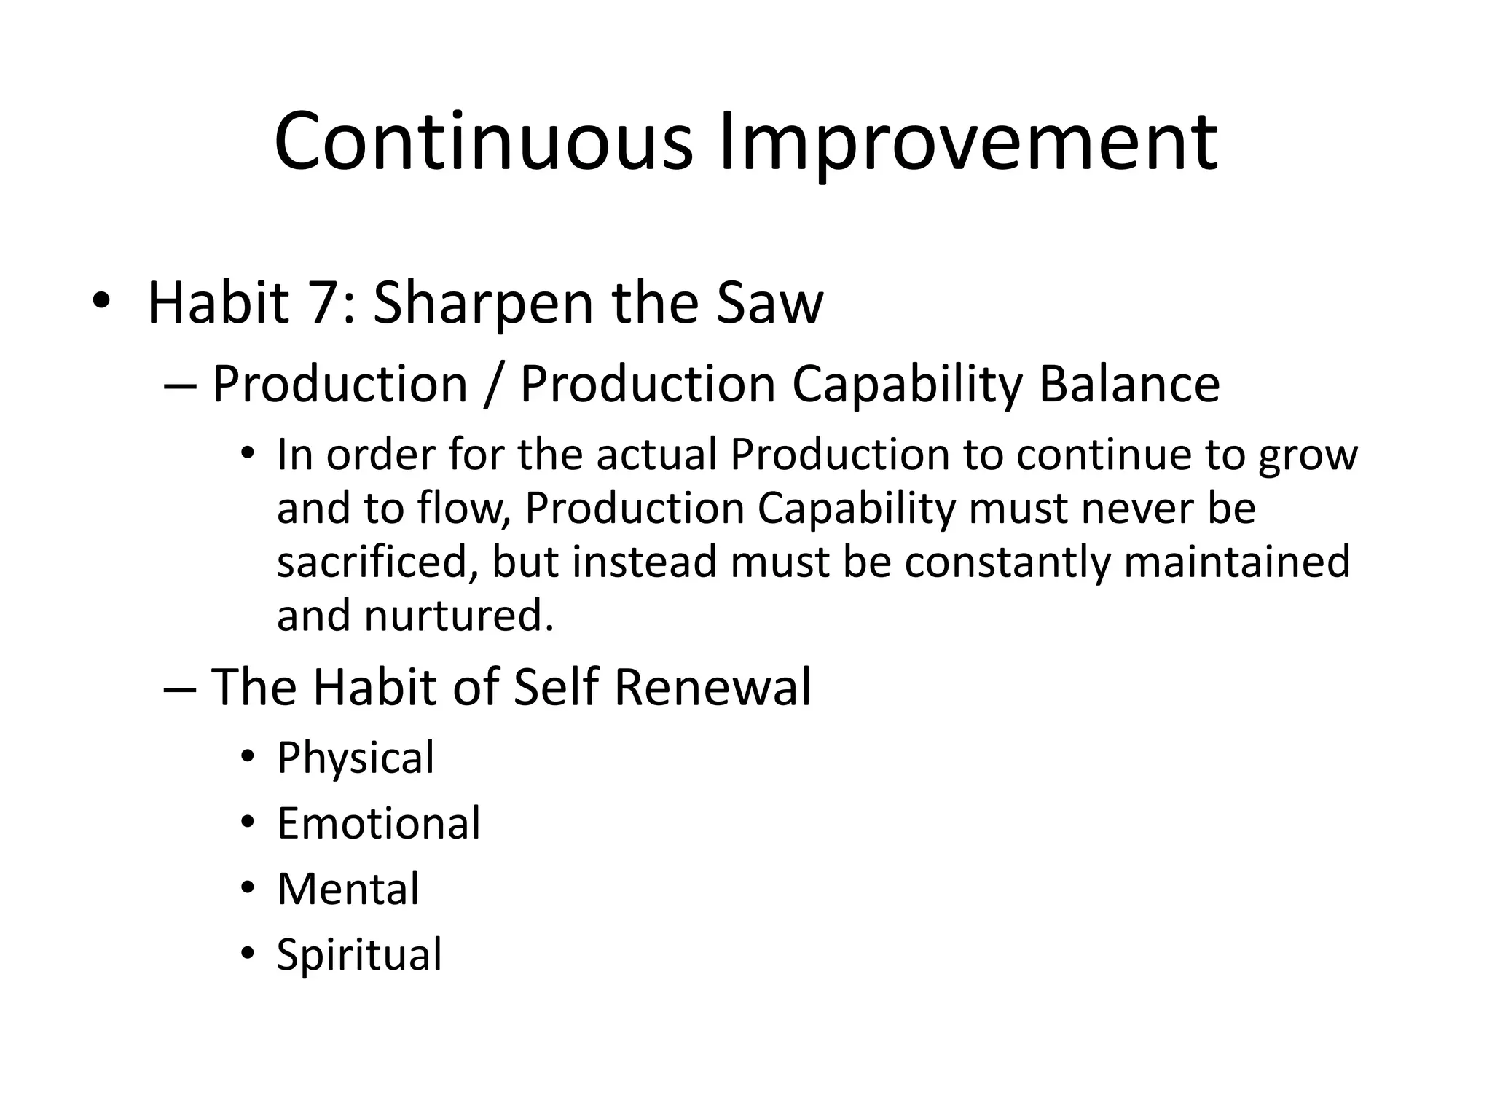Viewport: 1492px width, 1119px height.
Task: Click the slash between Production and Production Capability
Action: tap(494, 385)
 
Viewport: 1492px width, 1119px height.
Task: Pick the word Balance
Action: tap(1128, 385)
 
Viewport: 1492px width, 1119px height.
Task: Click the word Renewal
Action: tap(712, 687)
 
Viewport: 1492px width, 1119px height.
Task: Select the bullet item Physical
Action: tap(356, 758)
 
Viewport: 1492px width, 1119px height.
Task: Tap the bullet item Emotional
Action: tap(379, 823)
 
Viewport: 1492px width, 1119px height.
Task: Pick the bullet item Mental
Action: tap(348, 889)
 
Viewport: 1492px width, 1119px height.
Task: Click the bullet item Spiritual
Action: tap(359, 954)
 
